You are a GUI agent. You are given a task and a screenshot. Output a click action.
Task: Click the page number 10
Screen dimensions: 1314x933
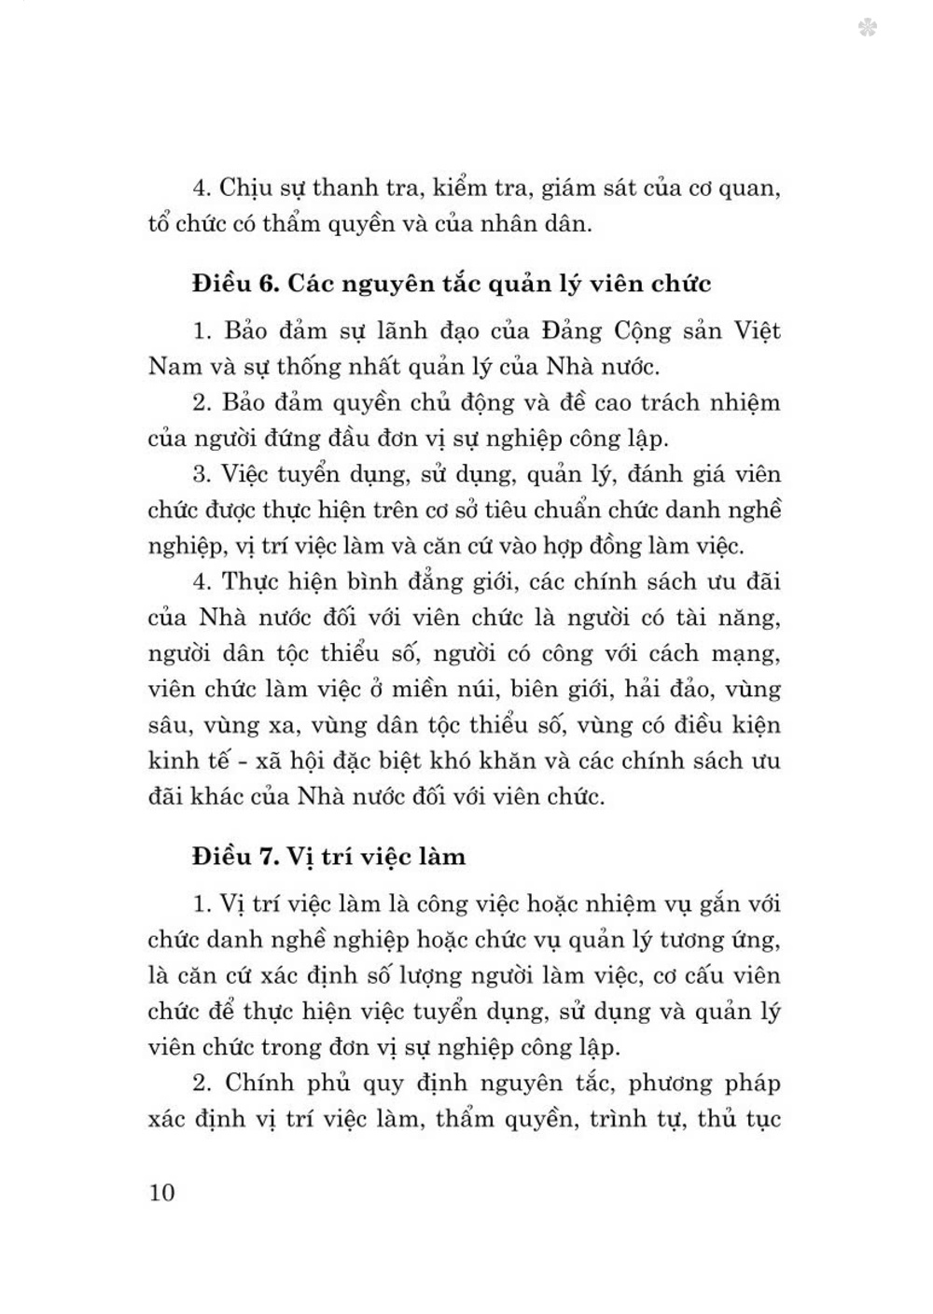tap(161, 1192)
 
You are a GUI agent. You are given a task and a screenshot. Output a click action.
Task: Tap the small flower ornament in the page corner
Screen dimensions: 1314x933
tap(867, 29)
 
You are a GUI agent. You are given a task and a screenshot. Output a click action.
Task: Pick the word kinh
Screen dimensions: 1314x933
tap(174, 761)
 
